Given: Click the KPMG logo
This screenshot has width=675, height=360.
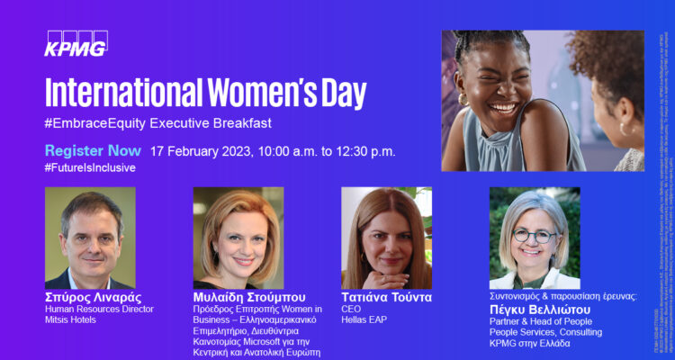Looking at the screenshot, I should [76, 42].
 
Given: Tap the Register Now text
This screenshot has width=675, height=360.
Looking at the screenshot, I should [93, 150].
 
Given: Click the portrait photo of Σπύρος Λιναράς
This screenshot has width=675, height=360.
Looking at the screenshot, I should [90, 238].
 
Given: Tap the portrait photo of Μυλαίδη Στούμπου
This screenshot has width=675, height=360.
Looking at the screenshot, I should [238, 238].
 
